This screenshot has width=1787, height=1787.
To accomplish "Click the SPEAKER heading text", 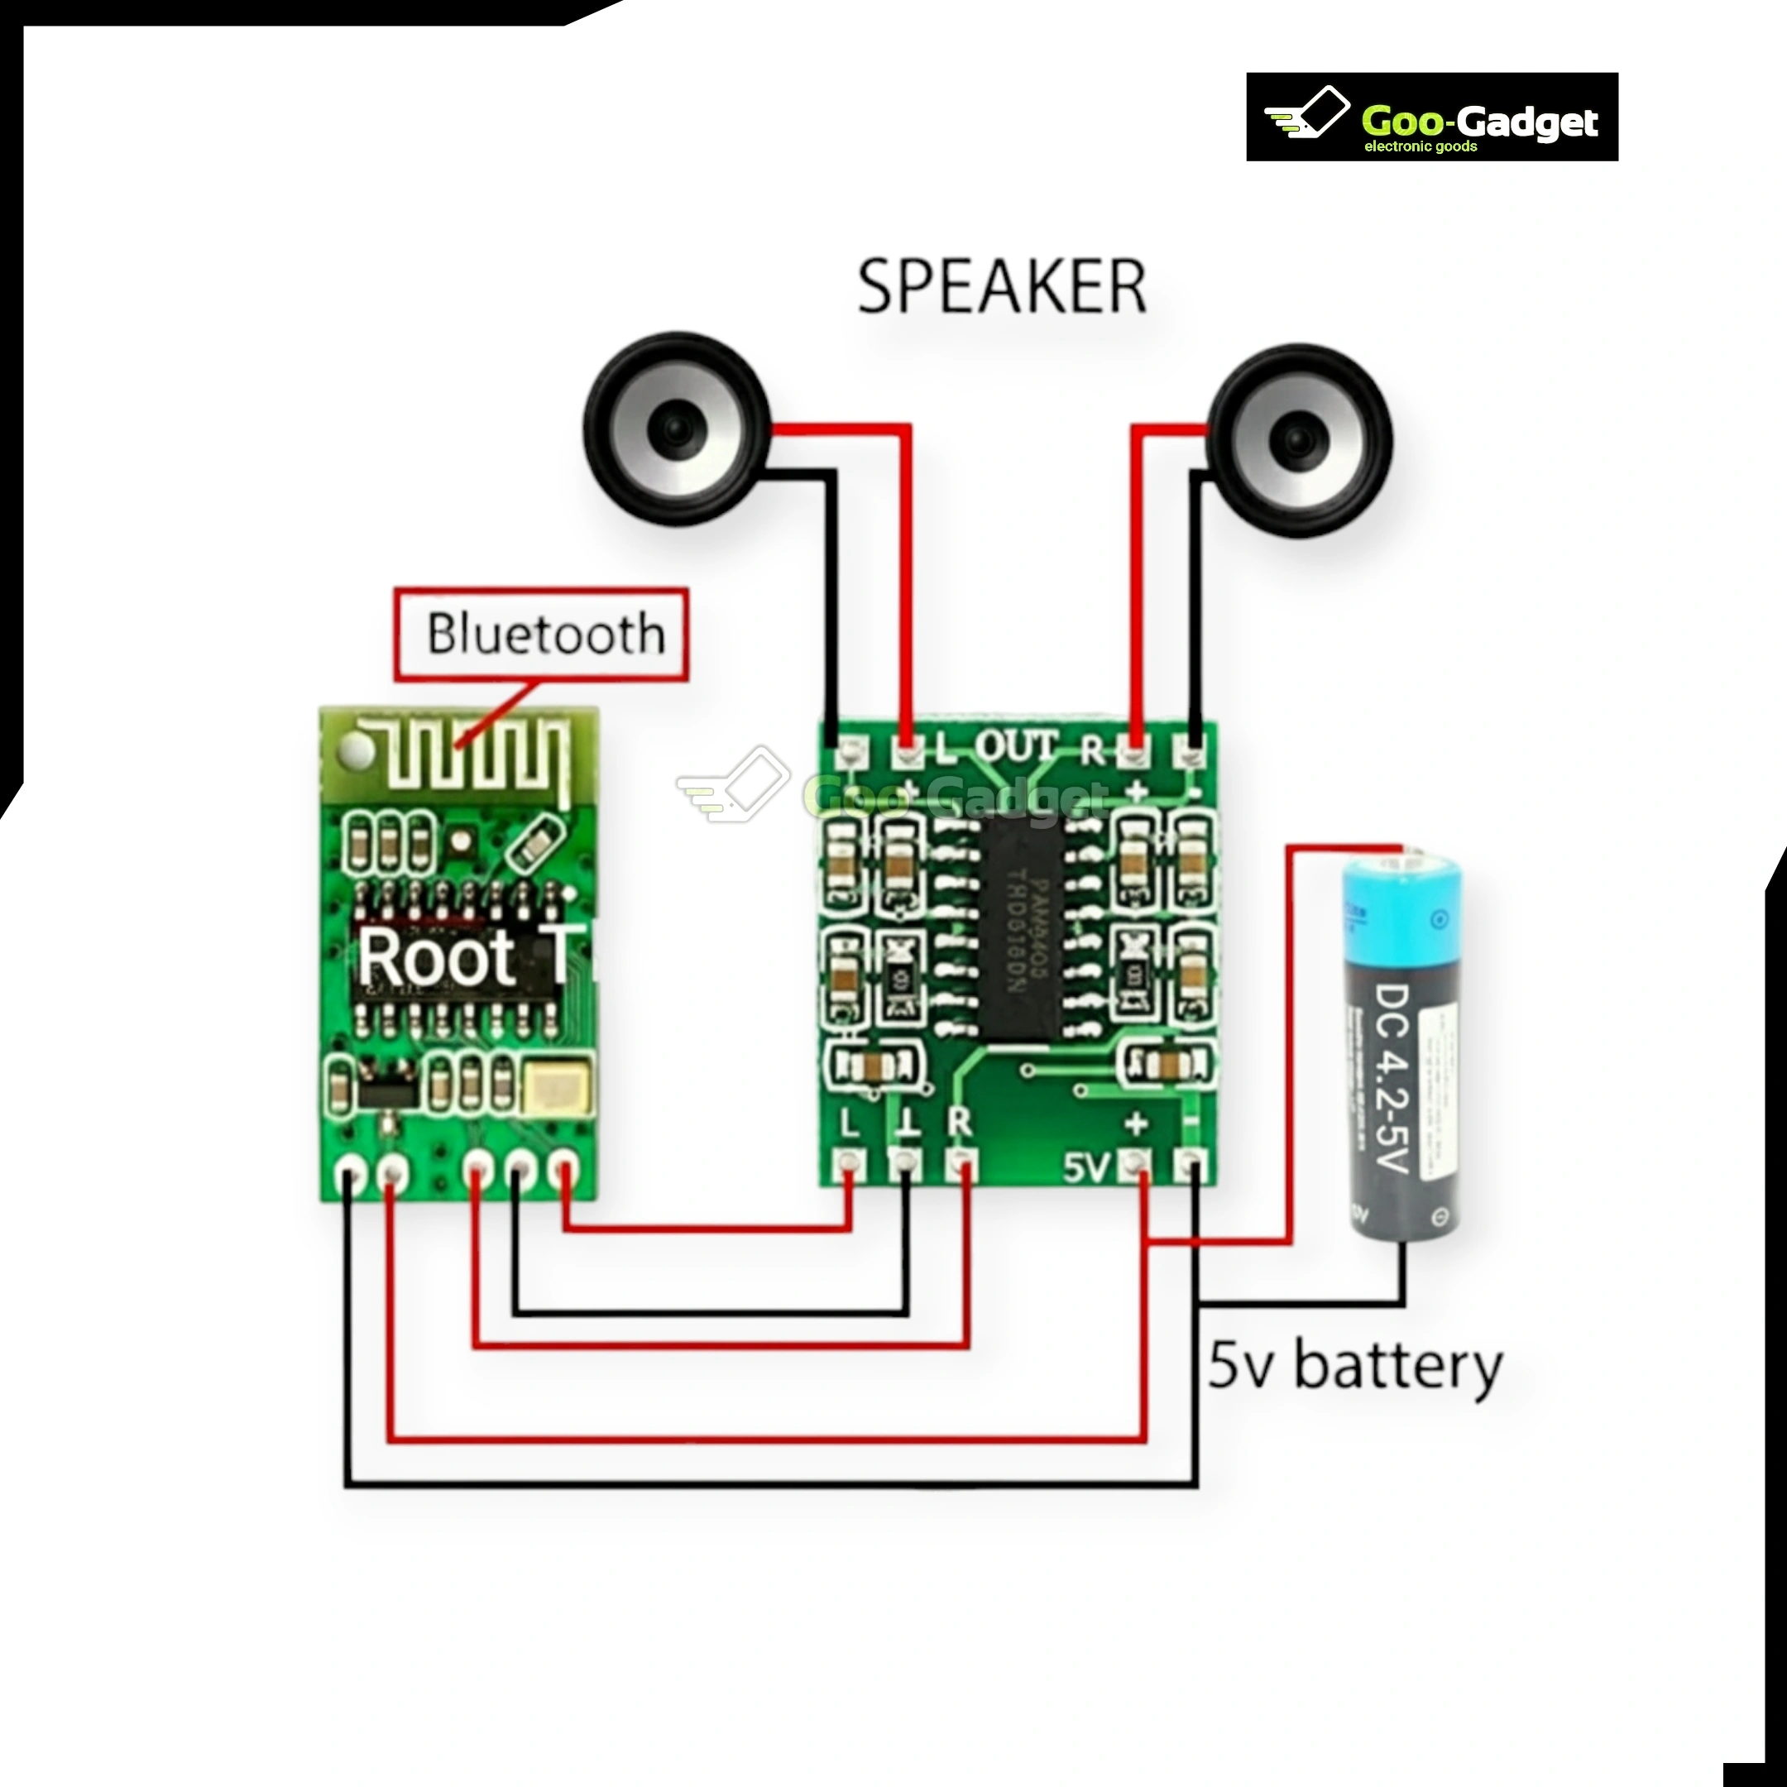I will (1002, 288).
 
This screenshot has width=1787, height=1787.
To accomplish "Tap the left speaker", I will (676, 429).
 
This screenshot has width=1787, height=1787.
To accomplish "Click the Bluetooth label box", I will (541, 635).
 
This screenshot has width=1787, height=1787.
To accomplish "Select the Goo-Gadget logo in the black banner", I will (1432, 117).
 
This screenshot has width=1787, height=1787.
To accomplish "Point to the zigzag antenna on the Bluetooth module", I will (472, 759).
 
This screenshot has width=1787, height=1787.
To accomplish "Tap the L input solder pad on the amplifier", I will (849, 1162).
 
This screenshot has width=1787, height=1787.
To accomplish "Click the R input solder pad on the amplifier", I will (963, 1162).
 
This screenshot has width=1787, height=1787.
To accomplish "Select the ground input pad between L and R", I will (906, 1162).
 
